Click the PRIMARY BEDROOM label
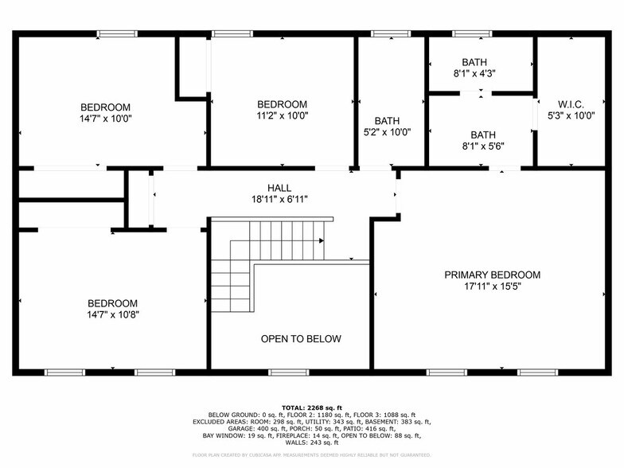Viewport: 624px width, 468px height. tap(492, 275)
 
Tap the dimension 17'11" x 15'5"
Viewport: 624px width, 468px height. tap(492, 287)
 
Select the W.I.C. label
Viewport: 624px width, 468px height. tap(571, 104)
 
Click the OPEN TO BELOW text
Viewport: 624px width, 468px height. tap(301, 339)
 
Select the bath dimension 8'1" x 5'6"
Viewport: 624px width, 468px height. tap(482, 146)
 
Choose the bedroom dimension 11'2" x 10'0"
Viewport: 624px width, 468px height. tap(282, 115)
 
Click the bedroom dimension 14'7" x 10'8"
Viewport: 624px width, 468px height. tap(112, 314)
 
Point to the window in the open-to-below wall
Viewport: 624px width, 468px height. tap(288, 372)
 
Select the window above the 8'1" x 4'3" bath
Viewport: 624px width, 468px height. tap(473, 33)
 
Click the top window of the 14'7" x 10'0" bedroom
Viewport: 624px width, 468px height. tap(117, 33)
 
